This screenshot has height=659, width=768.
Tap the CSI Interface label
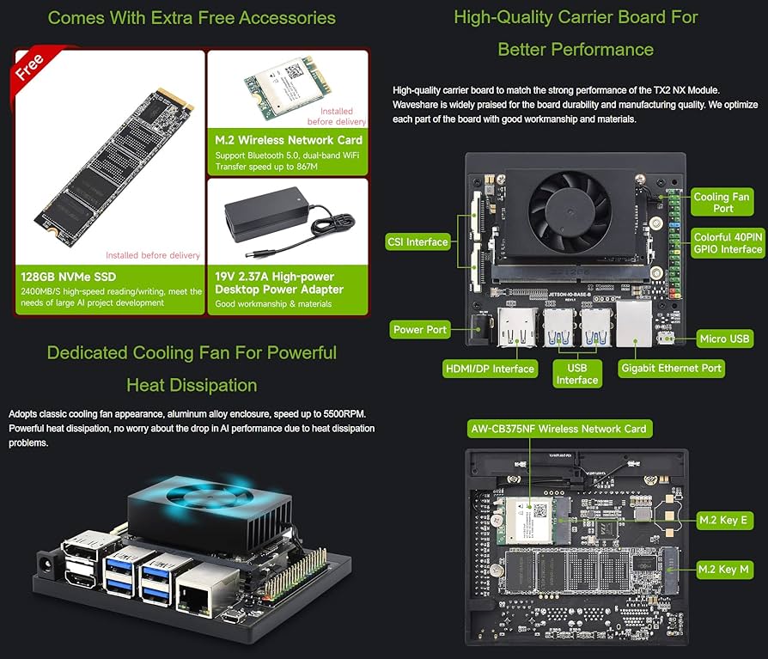click(415, 241)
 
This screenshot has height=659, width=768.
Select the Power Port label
click(419, 329)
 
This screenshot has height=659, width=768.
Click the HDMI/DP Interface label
click(490, 369)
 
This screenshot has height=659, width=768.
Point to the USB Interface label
click(576, 374)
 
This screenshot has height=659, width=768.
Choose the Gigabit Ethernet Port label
click(671, 369)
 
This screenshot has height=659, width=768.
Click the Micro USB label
click(724, 339)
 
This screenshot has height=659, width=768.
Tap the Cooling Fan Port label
click(722, 203)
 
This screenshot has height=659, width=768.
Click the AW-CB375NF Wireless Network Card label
click(558, 428)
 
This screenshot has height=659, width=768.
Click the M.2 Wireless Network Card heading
click(289, 140)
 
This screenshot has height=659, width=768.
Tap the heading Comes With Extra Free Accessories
click(192, 17)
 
